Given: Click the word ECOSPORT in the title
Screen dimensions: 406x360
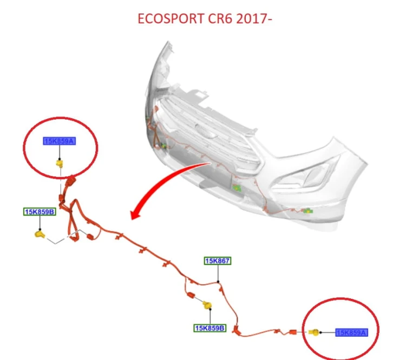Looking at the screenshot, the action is [171, 18].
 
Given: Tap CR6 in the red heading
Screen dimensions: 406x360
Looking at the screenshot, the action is [220, 18].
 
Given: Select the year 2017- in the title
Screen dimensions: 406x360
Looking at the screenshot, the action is [254, 18].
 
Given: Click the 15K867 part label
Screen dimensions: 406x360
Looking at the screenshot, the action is [218, 261].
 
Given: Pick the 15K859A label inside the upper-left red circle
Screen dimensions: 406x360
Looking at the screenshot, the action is [60, 141].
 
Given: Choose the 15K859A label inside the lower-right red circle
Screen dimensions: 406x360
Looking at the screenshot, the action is [352, 332].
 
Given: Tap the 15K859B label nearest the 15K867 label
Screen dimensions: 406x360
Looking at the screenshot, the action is [210, 328].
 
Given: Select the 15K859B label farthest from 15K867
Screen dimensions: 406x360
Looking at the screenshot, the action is [40, 212].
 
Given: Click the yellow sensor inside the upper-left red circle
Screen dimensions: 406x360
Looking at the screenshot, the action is [60, 163].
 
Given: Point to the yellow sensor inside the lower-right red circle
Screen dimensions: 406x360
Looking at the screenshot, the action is [314, 332].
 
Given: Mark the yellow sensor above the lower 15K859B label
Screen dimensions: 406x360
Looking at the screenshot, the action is [207, 305].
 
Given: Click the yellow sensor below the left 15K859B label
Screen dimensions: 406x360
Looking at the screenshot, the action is [40, 234].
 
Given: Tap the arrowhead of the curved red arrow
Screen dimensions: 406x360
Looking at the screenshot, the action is [136, 215].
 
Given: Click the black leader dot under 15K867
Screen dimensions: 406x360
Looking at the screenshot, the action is [218, 282].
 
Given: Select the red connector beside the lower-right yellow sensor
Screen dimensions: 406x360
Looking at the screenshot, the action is [293, 332].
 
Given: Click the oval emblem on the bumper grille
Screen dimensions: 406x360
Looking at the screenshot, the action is [206, 130].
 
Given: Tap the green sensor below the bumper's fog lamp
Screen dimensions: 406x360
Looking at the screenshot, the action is [307, 211].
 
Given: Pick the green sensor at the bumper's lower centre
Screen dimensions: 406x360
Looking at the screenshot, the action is [237, 188].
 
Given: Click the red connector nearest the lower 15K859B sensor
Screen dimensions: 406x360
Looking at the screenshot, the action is [191, 295].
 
